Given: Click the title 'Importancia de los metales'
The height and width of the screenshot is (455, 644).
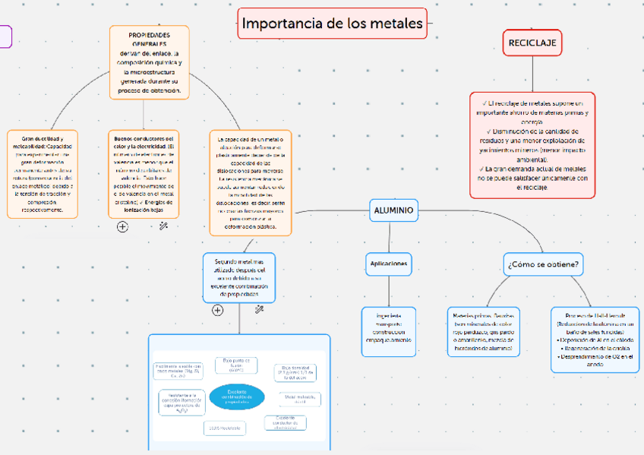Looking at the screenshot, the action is coord(332,24).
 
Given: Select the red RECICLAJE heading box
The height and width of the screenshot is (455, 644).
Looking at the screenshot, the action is coord(532,43).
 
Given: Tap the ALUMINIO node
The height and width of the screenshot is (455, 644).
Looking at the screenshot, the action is coord(394,210).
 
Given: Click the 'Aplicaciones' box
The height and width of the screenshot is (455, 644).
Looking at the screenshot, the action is coord(388,264).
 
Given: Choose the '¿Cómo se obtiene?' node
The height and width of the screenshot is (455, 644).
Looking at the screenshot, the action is coord(543,264).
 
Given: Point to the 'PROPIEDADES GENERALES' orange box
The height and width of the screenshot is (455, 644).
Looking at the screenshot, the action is coord(150,62).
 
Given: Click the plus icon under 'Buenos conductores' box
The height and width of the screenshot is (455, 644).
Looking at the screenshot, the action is coord(122,226).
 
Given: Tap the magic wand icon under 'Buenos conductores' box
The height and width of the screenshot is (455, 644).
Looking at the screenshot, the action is coord(163,226).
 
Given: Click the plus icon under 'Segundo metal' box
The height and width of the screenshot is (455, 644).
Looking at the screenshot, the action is coord(218,310).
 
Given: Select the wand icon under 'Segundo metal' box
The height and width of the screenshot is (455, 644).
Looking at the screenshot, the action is coord(259,310).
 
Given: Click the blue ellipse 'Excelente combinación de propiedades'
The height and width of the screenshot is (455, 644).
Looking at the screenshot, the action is coord(237,395).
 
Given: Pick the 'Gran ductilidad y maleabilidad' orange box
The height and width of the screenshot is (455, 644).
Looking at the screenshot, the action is coord(43,174).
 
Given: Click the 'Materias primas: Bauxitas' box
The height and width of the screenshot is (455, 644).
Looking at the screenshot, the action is coord(483,331).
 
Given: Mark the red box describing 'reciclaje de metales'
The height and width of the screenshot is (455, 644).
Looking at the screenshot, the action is coord(532,144).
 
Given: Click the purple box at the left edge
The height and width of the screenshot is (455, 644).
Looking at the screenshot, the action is coord(5,36).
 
